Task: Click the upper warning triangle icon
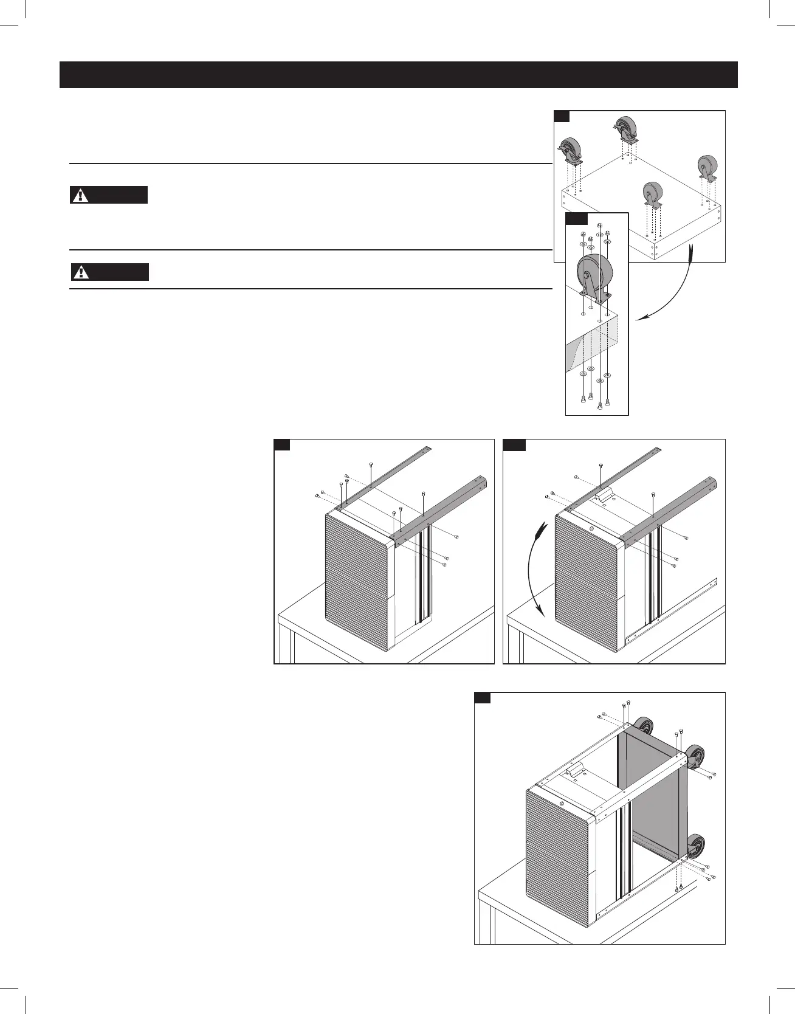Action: [x=80, y=195]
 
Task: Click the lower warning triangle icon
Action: [x=81, y=272]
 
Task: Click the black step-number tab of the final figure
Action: [x=483, y=698]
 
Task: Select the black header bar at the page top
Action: [x=398, y=75]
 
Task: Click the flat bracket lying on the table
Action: [x=675, y=607]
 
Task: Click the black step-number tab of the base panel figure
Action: [x=562, y=116]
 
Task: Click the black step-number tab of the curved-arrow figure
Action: [x=514, y=445]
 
